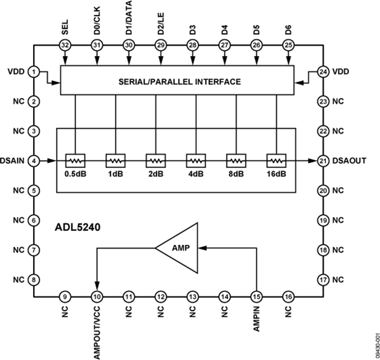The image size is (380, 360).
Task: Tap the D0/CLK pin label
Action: pyautogui.click(x=97, y=23)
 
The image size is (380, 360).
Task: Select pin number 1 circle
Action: pyautogui.click(x=33, y=72)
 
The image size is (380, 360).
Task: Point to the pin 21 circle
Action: pyautogui.click(x=323, y=161)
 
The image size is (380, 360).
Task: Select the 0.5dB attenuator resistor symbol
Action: pyautogui.click(x=76, y=161)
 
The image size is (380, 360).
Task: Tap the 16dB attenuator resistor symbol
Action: pyautogui.click(x=277, y=161)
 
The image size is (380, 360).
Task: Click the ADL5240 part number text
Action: pyautogui.click(x=78, y=227)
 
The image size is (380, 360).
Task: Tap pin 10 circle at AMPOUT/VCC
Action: pyautogui.click(x=97, y=297)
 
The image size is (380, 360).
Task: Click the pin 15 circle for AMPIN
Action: pyautogui.click(x=256, y=297)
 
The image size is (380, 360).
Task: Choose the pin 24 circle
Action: pyautogui.click(x=323, y=72)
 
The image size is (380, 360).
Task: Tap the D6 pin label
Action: pyautogui.click(x=288, y=30)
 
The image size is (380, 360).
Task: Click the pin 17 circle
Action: pyautogui.click(x=323, y=280)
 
